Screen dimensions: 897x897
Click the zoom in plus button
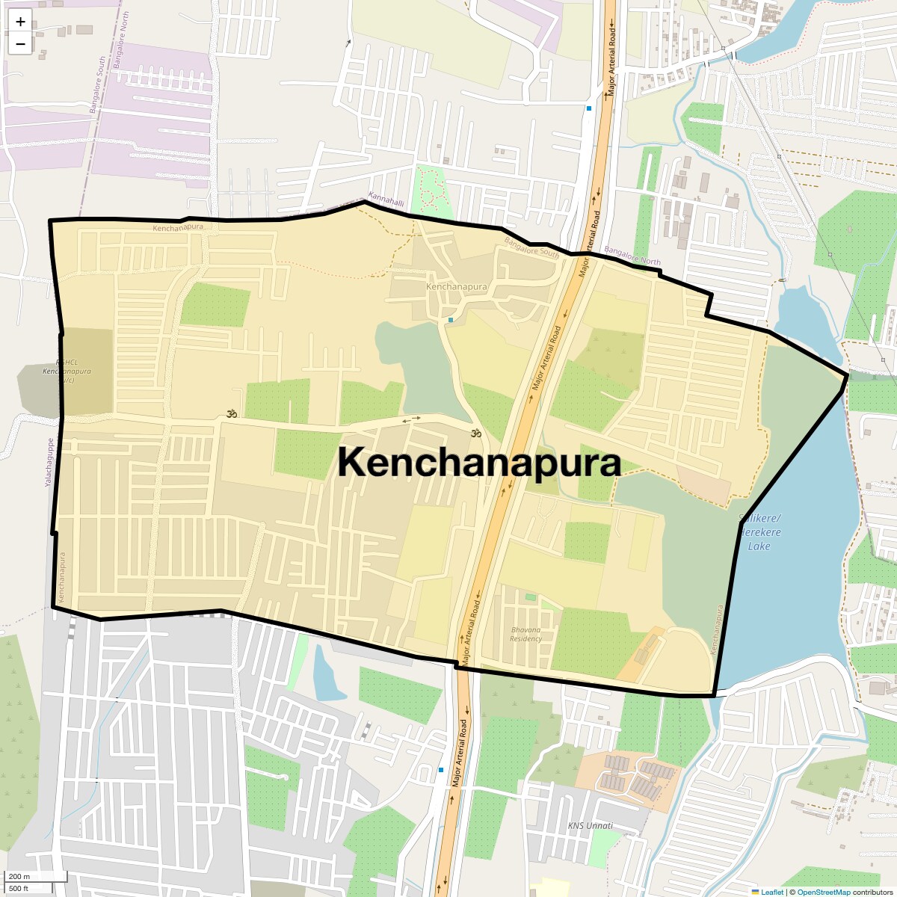[20, 22]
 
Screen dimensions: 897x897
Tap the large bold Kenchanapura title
[479, 463]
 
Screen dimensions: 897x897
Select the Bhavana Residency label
[526, 634]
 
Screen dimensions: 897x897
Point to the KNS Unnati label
[591, 825]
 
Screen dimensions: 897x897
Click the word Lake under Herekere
[759, 546]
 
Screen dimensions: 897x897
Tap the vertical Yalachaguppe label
[50, 463]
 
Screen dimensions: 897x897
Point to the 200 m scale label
[19, 876]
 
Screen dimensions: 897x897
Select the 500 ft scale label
[19, 888]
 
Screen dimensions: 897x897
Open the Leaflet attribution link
[771, 892]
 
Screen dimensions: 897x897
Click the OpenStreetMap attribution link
[823, 892]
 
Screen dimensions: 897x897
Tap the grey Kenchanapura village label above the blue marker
[456, 286]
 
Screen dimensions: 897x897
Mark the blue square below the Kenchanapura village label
[451, 320]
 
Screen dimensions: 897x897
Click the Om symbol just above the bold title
[474, 433]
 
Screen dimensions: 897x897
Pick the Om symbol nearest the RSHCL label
[232, 413]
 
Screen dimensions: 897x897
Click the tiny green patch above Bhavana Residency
[531, 597]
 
